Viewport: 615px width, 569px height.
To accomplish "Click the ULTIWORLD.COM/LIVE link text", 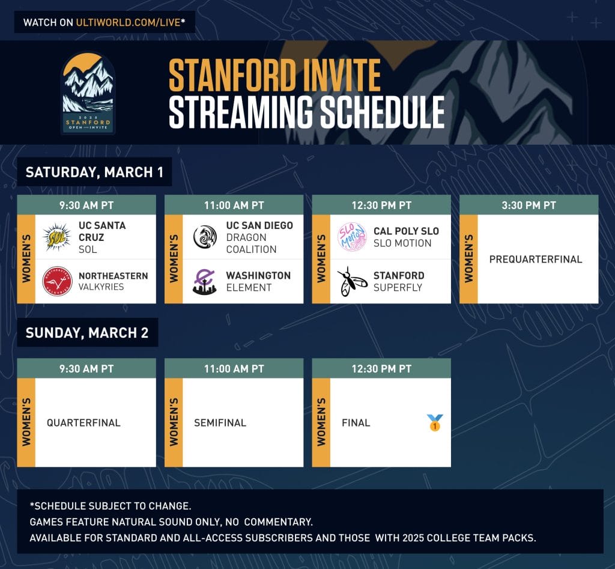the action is click(x=128, y=22).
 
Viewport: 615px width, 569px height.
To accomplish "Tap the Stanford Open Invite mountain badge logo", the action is click(x=88, y=93).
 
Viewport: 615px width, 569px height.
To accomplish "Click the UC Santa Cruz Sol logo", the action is click(x=57, y=237).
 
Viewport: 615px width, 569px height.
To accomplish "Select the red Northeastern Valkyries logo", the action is click(x=57, y=281).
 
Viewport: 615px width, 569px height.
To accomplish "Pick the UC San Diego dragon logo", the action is click(x=205, y=237).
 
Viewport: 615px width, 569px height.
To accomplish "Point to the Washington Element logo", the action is click(x=204, y=281).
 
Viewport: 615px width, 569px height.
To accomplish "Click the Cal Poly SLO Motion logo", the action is click(x=352, y=237).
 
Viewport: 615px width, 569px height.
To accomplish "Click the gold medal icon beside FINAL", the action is click(x=435, y=422).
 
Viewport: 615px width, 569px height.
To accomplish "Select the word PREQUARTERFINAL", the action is click(x=535, y=259).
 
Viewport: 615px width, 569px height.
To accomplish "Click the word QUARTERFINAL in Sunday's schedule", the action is click(x=83, y=422).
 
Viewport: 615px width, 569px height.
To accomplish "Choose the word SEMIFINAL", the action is click(x=220, y=422).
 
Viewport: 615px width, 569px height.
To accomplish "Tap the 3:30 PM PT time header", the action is click(x=529, y=205).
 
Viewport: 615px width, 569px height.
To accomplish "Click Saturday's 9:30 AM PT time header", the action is click(x=86, y=205).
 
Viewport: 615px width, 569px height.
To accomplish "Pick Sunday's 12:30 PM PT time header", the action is click(x=381, y=369).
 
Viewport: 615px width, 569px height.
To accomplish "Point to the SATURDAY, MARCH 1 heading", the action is click(x=94, y=172).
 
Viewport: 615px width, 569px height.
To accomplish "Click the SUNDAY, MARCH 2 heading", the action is click(x=87, y=332).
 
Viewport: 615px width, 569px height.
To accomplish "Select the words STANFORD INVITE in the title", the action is click(x=274, y=75).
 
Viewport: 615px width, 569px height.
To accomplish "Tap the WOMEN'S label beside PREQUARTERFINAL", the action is click(x=468, y=258).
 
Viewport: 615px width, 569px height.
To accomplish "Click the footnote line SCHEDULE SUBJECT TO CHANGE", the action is click(x=111, y=506).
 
